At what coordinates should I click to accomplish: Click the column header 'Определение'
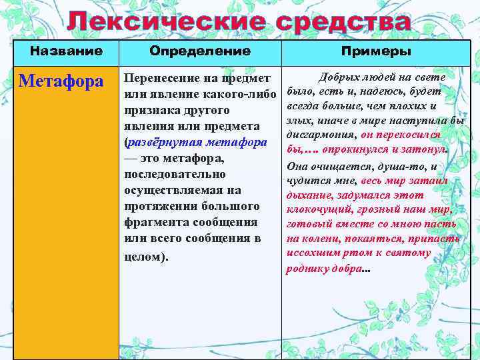coord(200,51)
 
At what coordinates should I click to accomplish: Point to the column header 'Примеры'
coord(376,51)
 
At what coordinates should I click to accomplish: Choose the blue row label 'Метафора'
coord(61,82)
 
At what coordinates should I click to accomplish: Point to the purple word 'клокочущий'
coord(316,209)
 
